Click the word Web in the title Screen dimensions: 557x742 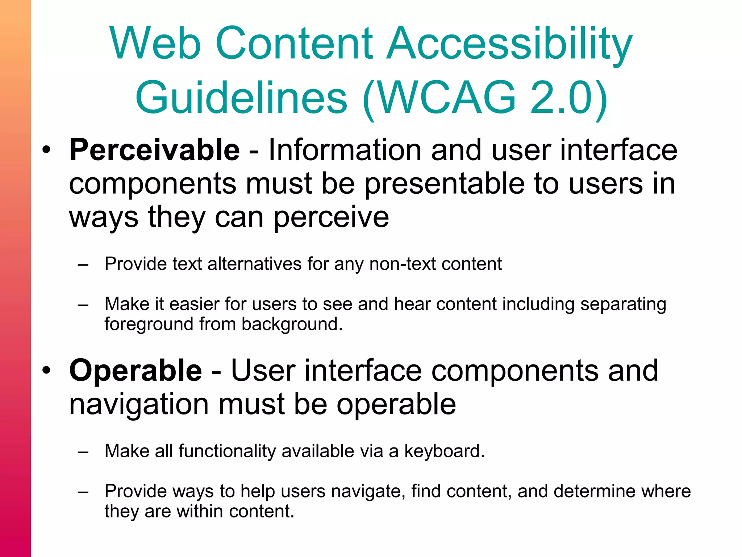[155, 43]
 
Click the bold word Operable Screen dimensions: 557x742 [136, 370]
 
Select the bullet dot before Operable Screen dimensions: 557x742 [46, 370]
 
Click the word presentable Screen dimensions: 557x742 [444, 184]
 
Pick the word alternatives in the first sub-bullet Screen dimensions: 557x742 [254, 264]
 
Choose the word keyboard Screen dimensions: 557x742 [444, 451]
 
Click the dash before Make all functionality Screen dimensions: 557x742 [83, 452]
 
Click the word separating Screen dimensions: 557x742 [623, 304]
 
